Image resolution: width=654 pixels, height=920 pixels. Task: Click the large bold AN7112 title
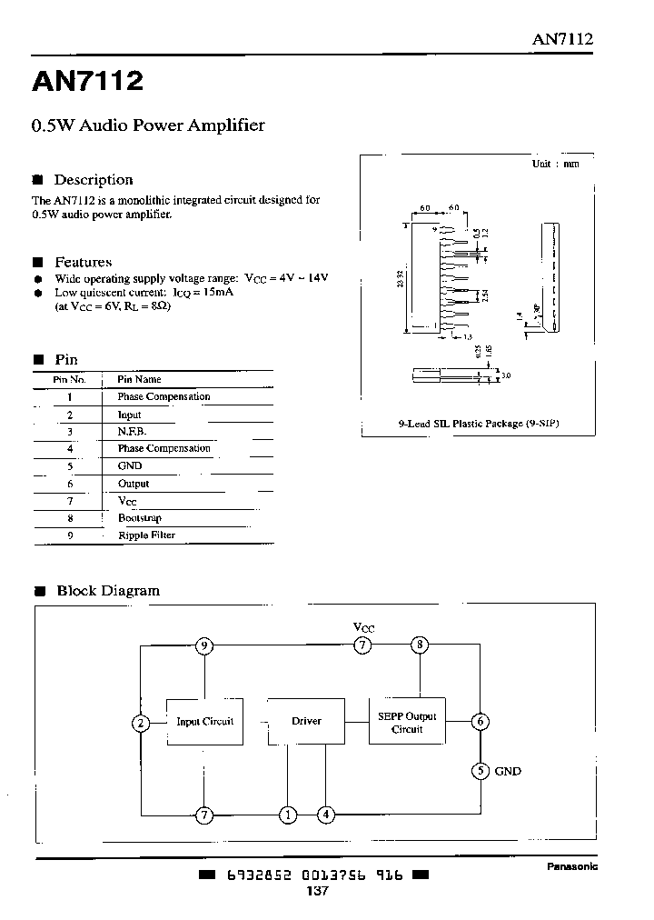pyautogui.click(x=88, y=82)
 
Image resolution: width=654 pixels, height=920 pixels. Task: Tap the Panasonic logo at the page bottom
pyautogui.click(x=571, y=866)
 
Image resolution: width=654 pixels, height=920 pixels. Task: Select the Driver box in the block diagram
pyautogui.click(x=306, y=722)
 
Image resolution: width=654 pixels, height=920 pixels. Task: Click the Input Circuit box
pyautogui.click(x=204, y=722)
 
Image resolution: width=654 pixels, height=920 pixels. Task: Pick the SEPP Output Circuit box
pyautogui.click(x=407, y=722)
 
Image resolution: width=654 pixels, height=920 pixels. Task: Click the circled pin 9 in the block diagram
pyautogui.click(x=205, y=646)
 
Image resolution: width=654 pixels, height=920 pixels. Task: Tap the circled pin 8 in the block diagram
pyautogui.click(x=420, y=646)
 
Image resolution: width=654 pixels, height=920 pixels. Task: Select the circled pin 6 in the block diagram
pyautogui.click(x=481, y=723)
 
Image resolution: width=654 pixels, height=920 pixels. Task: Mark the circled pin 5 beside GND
pyautogui.click(x=481, y=771)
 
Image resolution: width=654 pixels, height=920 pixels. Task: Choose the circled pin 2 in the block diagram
pyautogui.click(x=141, y=724)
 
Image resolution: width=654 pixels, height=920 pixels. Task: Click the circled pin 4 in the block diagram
pyautogui.click(x=325, y=815)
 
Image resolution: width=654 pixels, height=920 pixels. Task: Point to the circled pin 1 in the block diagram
pyautogui.click(x=288, y=815)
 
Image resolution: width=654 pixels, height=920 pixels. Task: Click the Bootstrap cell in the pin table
pyautogui.click(x=139, y=518)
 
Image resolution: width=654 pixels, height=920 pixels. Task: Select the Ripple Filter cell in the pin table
pyautogui.click(x=146, y=535)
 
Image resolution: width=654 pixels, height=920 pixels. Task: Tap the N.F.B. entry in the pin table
pyautogui.click(x=132, y=432)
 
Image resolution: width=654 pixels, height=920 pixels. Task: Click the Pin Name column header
pyautogui.click(x=139, y=379)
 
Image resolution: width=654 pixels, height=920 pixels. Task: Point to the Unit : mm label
pyautogui.click(x=555, y=164)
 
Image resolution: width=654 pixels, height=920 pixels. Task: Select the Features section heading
pyautogui.click(x=83, y=262)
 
